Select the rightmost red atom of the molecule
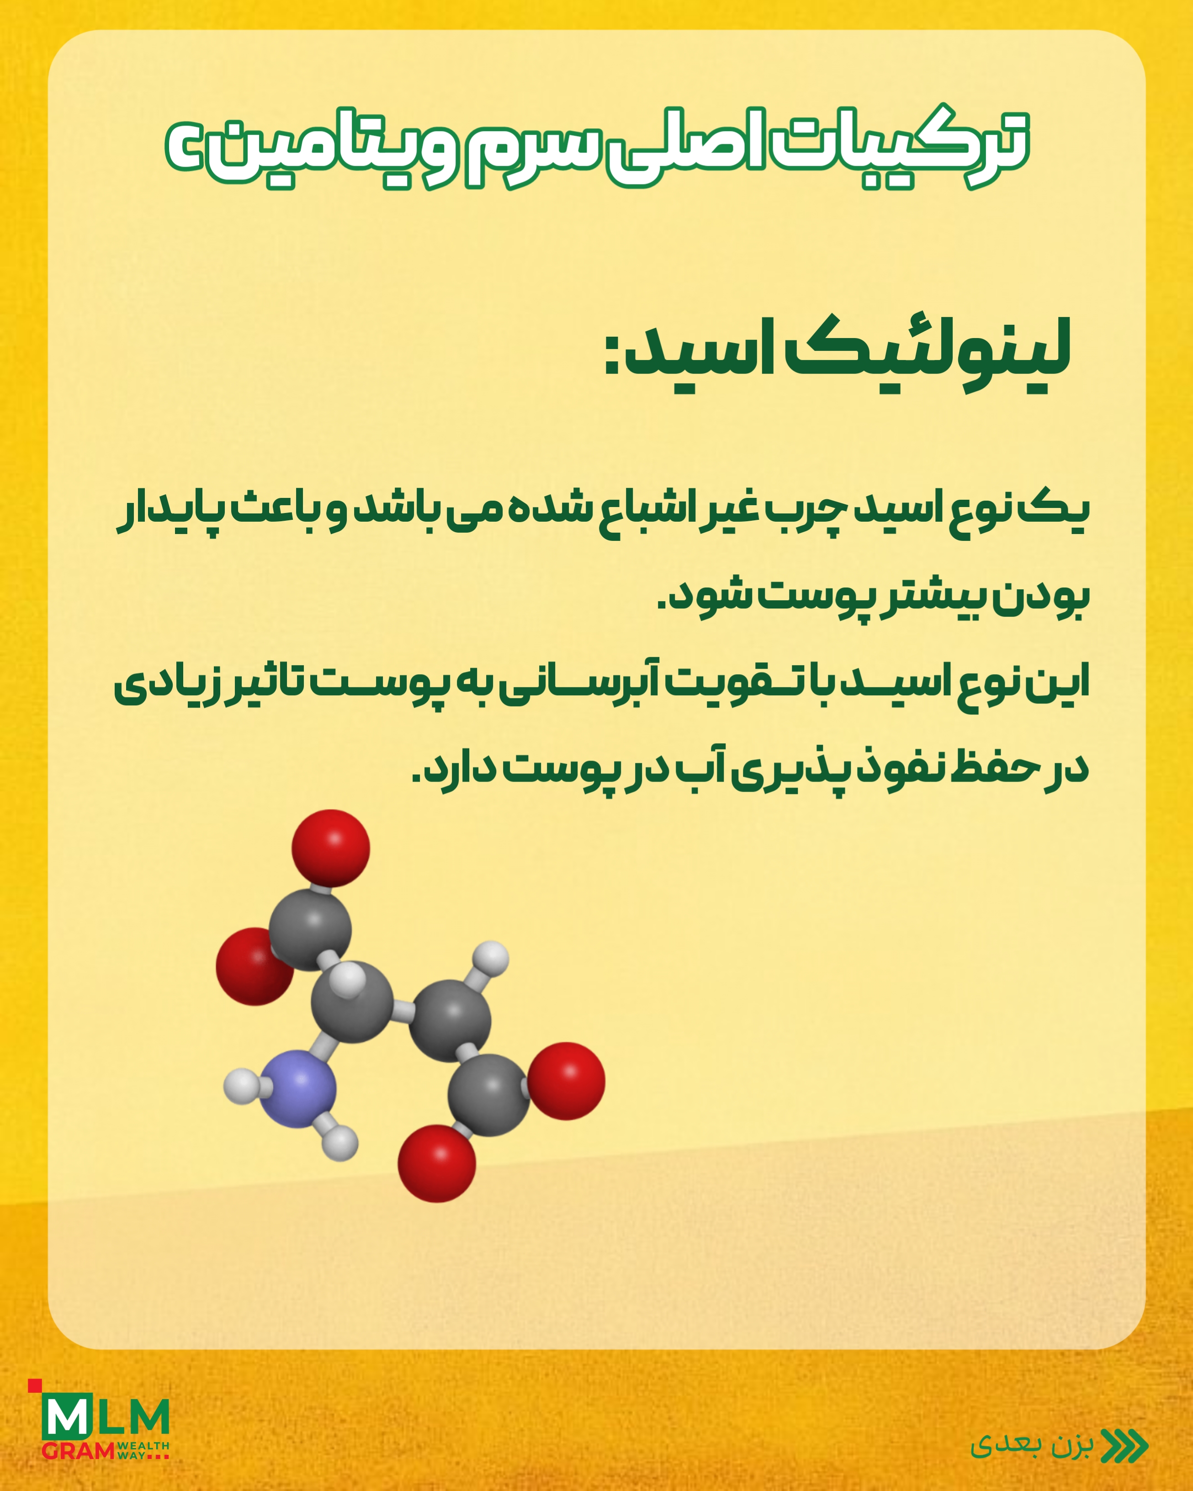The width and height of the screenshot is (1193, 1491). coord(566,1081)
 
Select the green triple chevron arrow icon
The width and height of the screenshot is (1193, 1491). coord(1124,1445)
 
